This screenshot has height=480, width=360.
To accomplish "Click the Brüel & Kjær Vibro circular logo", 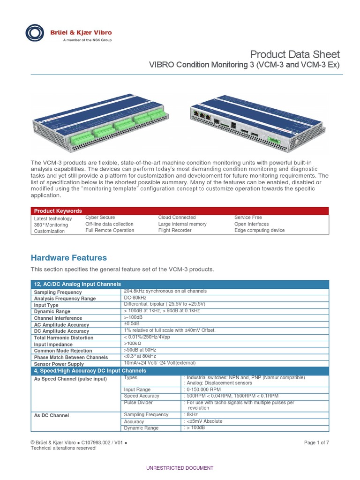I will pos(36,33).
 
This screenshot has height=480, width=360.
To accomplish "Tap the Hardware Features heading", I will pos(68,258).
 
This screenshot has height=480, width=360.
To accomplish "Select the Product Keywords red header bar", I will pos(180,211).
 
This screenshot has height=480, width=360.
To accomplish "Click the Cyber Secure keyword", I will pos(100,217).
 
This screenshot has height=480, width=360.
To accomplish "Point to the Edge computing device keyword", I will pos(259,231).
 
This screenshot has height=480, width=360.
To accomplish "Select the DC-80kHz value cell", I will pos(135,298).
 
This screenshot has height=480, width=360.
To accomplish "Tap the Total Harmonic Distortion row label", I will pos(64,337).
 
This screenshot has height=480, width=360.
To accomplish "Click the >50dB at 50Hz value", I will pos(140,350).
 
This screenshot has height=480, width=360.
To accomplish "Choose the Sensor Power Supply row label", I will pos(59,364).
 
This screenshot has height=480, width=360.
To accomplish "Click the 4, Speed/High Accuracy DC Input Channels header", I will pos(90,371).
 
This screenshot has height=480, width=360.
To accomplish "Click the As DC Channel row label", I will pos(52,415).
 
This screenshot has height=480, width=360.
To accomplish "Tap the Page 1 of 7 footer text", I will pos(316,442).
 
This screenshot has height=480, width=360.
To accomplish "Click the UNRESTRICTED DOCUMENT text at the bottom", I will pos(180,468).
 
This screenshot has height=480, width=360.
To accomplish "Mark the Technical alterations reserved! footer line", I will pos(63,448).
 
